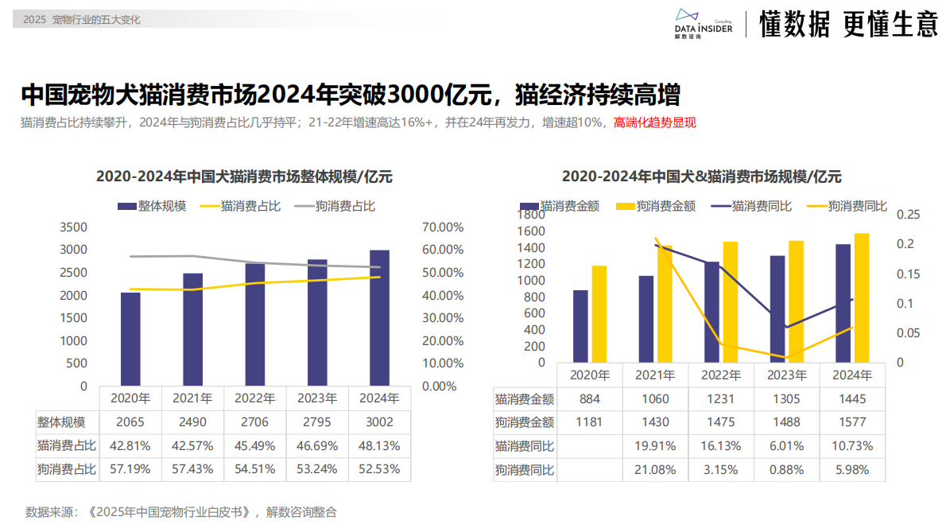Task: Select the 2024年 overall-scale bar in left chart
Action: (x=379, y=318)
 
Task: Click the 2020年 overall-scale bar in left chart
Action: (x=130, y=339)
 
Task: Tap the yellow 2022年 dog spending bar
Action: (x=730, y=302)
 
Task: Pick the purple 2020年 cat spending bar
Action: (x=580, y=326)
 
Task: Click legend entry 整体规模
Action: (x=152, y=206)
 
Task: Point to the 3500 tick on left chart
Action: (x=74, y=227)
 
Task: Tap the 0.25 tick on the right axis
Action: (x=908, y=214)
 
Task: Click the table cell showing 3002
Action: (x=379, y=422)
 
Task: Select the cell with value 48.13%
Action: (x=379, y=446)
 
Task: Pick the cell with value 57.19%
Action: (x=130, y=469)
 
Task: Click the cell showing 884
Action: (x=590, y=399)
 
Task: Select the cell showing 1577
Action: (x=851, y=422)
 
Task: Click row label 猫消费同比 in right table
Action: (x=525, y=446)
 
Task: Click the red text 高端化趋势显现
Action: (x=655, y=123)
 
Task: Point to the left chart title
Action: (x=244, y=177)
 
